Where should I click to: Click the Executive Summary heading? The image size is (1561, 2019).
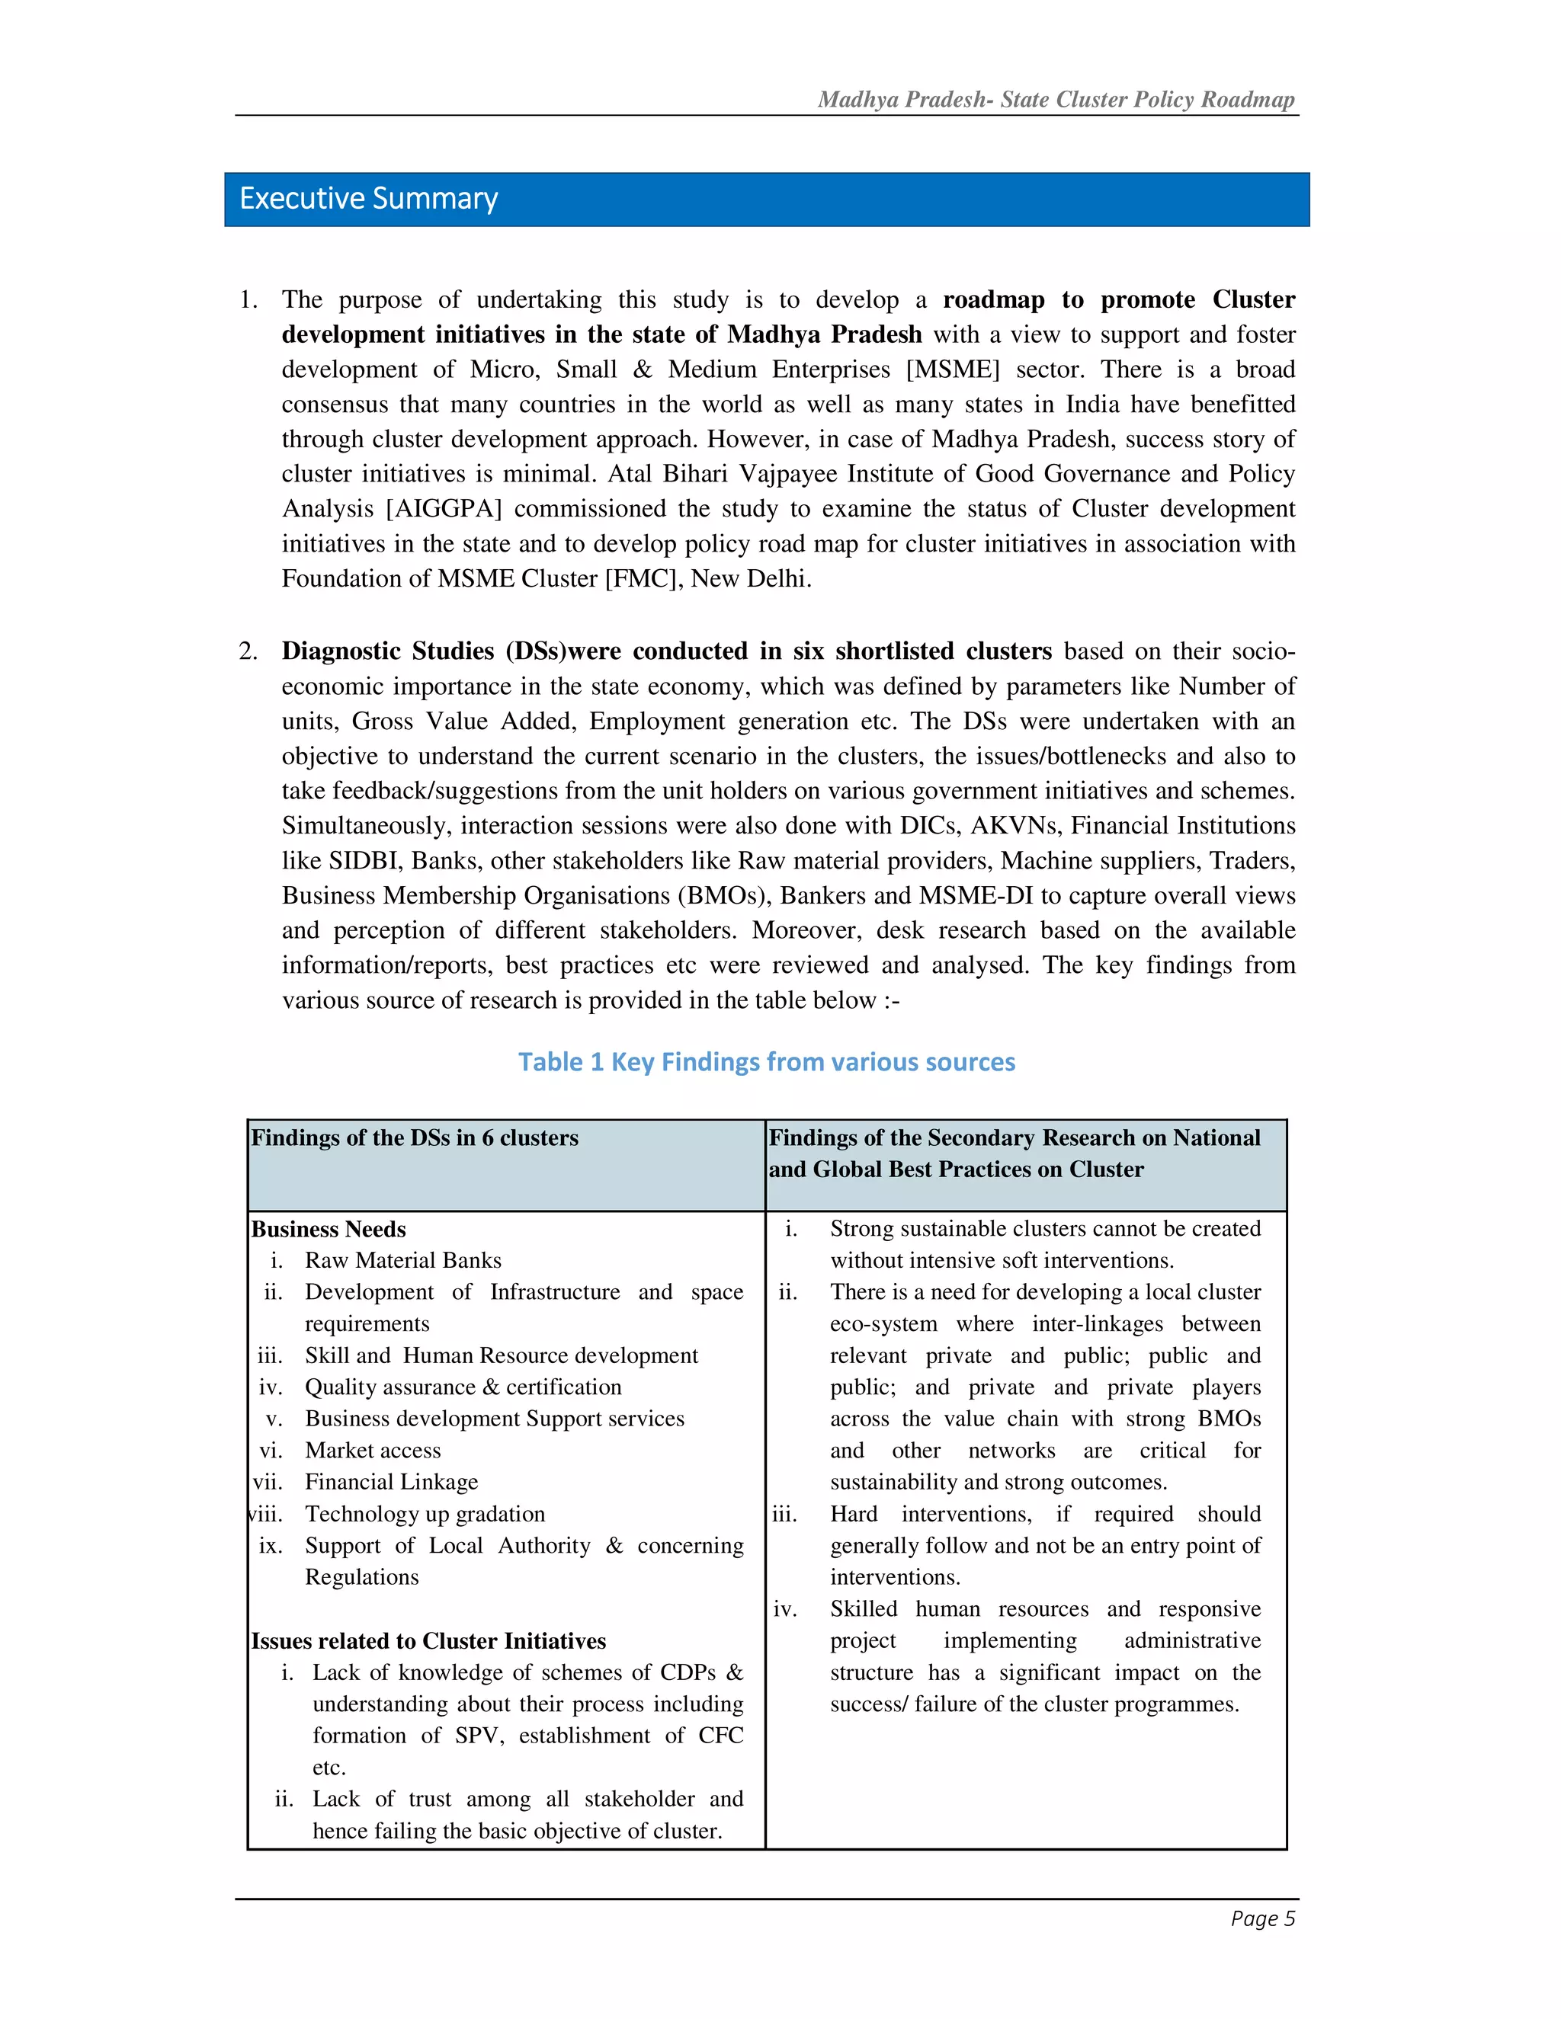coord(368,199)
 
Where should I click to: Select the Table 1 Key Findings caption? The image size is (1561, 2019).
coord(766,1061)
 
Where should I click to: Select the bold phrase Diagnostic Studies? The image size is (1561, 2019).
coord(389,651)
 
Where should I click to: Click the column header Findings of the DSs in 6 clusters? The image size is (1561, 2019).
coord(415,1138)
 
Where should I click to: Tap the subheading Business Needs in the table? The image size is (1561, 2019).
coord(329,1230)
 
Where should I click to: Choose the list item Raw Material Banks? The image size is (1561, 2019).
coord(403,1261)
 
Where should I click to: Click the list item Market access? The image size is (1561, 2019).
coord(373,1451)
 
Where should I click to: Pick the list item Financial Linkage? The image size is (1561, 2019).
coord(391,1482)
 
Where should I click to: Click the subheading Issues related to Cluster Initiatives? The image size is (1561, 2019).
coord(428,1641)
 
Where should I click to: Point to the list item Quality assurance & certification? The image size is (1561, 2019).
coord(463,1387)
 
